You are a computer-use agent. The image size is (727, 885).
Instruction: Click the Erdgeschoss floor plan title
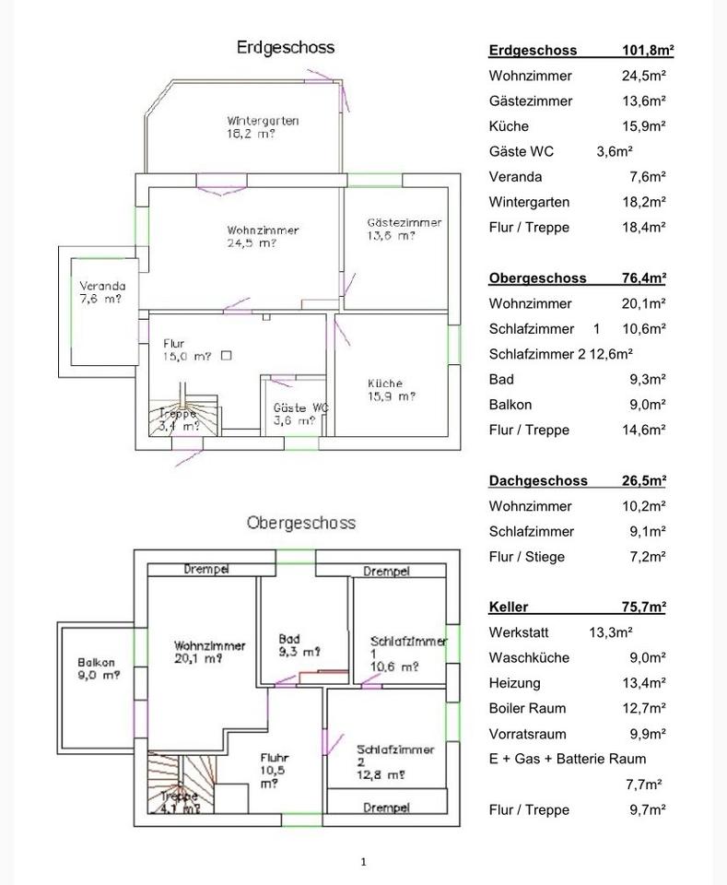pyautogui.click(x=286, y=47)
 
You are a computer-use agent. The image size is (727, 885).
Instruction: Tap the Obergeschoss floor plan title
pyautogui.click(x=300, y=523)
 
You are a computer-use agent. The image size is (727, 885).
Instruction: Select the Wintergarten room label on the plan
pyautogui.click(x=263, y=126)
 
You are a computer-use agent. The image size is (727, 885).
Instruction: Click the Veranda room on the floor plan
pyautogui.click(x=101, y=291)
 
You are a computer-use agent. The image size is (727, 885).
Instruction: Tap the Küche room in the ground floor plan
pyautogui.click(x=391, y=390)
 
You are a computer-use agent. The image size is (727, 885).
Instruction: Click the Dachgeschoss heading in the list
pyautogui.click(x=532, y=480)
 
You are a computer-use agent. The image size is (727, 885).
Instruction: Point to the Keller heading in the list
pyautogui.click(x=508, y=607)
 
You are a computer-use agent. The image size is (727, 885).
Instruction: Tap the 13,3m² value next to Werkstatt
pyautogui.click(x=611, y=632)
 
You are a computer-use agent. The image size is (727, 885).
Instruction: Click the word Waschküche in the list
pyautogui.click(x=529, y=657)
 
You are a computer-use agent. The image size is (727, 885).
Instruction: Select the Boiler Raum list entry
pyautogui.click(x=527, y=708)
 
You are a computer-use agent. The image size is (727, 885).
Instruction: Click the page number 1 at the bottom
pyautogui.click(x=363, y=861)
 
